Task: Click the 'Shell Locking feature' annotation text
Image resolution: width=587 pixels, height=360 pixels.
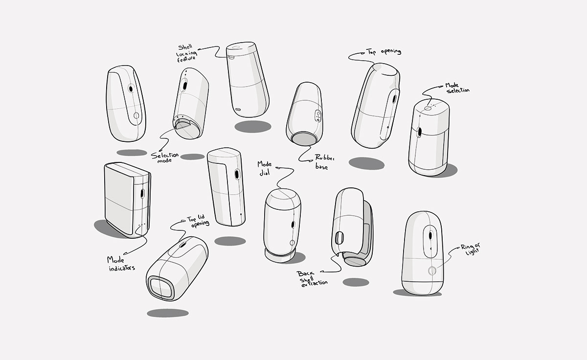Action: point(187,52)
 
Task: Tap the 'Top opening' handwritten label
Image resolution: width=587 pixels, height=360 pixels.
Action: point(384,51)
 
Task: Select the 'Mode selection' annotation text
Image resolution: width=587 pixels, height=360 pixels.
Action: point(457,88)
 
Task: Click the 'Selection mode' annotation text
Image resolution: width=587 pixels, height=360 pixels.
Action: point(165,156)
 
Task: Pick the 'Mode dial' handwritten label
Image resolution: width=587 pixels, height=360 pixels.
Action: point(265,168)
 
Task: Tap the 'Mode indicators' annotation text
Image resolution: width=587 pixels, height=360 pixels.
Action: point(121,263)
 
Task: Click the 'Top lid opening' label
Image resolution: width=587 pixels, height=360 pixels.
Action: point(198,221)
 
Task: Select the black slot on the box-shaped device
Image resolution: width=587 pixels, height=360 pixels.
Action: point(142,193)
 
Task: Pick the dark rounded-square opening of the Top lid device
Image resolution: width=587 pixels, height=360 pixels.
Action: point(160,287)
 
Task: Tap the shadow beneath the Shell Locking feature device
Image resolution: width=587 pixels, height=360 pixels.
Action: point(252,126)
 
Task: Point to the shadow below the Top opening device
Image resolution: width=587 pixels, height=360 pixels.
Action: point(366,163)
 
